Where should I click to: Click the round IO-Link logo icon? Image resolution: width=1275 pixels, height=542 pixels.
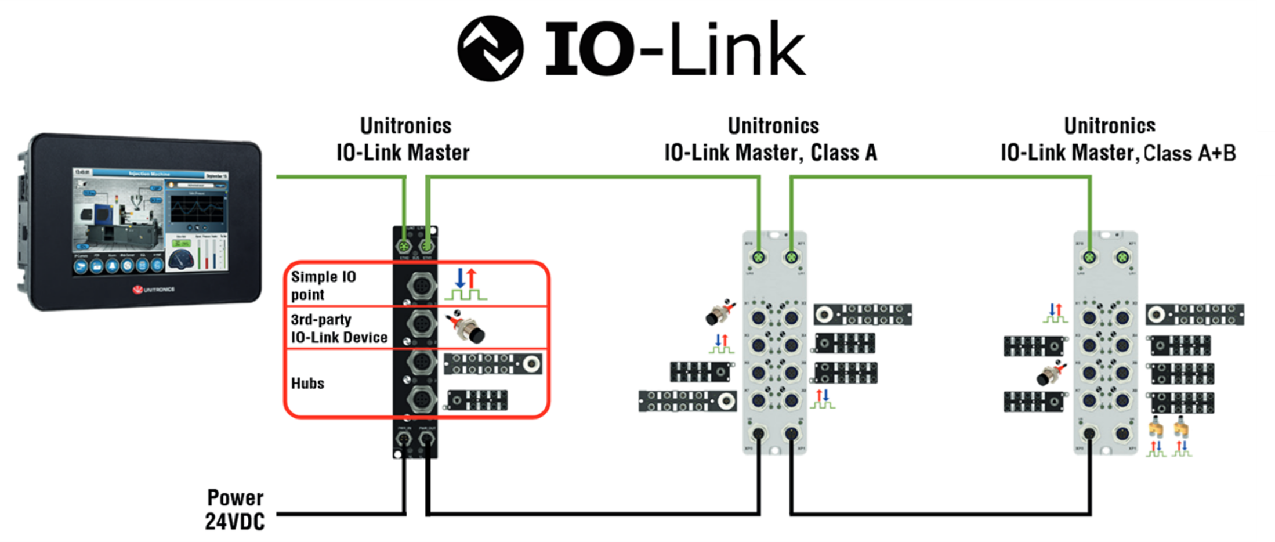(490, 48)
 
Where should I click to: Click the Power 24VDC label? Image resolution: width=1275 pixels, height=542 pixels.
(235, 510)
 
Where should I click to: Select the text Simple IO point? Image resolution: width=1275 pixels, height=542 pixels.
(323, 285)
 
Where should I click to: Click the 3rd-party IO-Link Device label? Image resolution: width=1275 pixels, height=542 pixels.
(339, 328)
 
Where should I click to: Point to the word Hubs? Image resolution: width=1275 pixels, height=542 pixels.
(307, 383)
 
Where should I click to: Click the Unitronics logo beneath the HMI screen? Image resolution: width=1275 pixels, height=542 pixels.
(153, 289)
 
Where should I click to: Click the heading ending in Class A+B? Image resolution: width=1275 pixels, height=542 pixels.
(1118, 139)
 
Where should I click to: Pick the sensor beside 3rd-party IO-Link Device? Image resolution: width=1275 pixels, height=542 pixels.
(467, 327)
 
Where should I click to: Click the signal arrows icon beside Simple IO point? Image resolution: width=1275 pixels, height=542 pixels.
(466, 284)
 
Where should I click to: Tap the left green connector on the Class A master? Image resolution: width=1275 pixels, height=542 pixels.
(758, 257)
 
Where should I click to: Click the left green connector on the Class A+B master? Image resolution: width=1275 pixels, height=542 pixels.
(1089, 257)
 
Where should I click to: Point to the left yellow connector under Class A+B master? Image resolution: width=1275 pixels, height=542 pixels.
(1156, 429)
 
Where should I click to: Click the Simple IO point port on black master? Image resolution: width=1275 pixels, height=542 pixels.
(422, 286)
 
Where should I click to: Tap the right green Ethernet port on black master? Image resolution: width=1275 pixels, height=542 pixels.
(427, 246)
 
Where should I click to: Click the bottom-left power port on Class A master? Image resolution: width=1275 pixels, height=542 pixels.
(758, 433)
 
